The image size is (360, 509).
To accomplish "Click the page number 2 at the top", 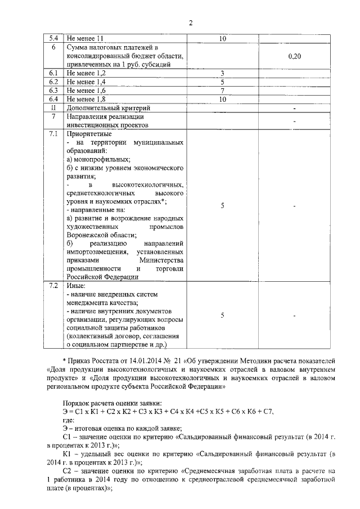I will click(x=190, y=22).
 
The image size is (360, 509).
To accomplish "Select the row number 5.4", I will click(x=55, y=38).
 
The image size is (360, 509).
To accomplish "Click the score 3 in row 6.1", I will click(x=222, y=74).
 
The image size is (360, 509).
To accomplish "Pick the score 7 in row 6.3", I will click(x=222, y=91).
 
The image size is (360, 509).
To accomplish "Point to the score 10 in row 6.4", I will click(x=222, y=99).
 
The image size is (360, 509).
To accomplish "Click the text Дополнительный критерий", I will click(x=109, y=107).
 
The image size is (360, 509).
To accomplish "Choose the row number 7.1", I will click(x=55, y=134).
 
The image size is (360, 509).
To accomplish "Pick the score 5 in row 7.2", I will click(x=222, y=316).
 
